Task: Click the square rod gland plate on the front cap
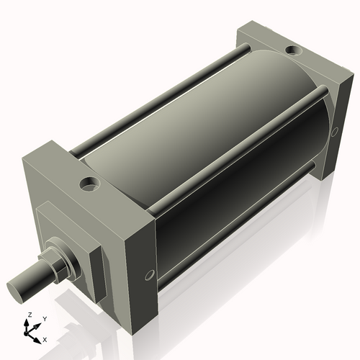click(68, 241)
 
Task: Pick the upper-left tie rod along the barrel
click(158, 101)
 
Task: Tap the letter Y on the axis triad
click(44, 318)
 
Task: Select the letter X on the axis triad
click(45, 338)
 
